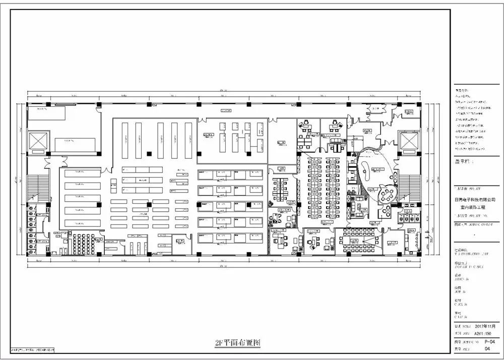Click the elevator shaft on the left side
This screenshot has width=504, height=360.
point(37,141)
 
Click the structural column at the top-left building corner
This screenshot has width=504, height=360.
point(29,104)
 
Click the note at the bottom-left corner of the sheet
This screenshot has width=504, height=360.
point(33,349)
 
